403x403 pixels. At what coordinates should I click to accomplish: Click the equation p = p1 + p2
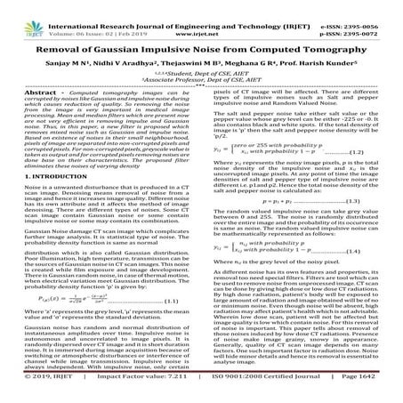pyautogui.click(x=293, y=204)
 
